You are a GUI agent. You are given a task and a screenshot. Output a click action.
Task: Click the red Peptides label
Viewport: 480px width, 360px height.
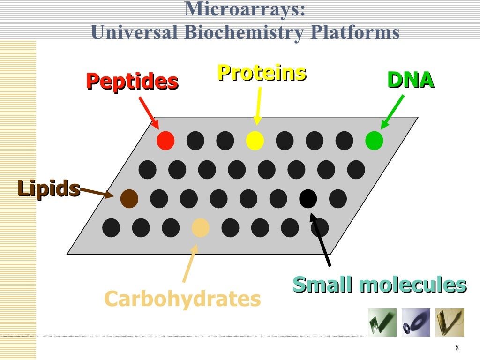pyautogui.click(x=132, y=82)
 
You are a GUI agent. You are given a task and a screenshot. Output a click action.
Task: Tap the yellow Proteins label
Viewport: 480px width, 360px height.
pyautogui.click(x=262, y=73)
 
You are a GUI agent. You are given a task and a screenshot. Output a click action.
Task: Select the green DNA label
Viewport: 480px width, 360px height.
pyautogui.click(x=411, y=81)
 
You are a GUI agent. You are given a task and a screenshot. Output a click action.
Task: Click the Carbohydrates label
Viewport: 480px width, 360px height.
pyautogui.click(x=182, y=299)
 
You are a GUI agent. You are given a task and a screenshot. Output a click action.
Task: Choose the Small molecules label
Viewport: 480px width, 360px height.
pyautogui.click(x=380, y=285)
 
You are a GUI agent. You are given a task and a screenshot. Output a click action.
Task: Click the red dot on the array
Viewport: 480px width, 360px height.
pyautogui.click(x=165, y=141)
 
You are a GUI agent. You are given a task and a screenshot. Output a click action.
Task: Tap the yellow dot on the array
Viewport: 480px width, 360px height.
pyautogui.click(x=255, y=141)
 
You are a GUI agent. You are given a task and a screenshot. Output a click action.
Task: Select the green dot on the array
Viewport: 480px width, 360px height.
pyautogui.click(x=374, y=141)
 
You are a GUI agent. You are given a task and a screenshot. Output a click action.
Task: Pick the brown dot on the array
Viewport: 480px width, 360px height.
pyautogui.click(x=129, y=199)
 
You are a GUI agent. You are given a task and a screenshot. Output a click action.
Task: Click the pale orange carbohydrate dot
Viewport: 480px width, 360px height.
pyautogui.click(x=201, y=228)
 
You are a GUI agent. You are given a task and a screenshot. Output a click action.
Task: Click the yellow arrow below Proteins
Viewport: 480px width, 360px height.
pyautogui.click(x=258, y=105)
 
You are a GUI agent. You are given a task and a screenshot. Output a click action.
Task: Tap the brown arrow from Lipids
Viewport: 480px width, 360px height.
pyautogui.click(x=97, y=192)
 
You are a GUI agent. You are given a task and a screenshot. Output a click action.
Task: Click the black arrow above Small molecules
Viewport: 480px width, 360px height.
pyautogui.click(x=321, y=239)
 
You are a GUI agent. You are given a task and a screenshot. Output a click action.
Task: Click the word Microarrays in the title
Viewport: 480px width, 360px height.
pyautogui.click(x=245, y=9)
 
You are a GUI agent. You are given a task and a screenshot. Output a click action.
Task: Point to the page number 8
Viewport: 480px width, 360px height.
pyautogui.click(x=457, y=347)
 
